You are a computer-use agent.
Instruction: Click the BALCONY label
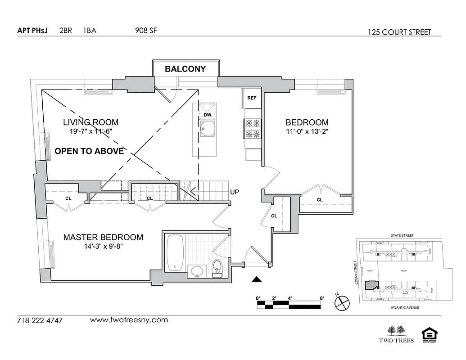point(185,69)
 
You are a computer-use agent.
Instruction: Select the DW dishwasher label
point(207,115)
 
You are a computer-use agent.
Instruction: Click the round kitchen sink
point(208,131)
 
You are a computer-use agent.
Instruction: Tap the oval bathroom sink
point(197,271)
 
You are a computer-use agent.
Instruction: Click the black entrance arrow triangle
point(256,279)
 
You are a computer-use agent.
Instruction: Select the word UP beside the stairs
point(235,192)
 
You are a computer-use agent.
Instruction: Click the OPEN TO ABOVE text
point(89,151)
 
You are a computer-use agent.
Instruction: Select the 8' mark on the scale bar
point(321,298)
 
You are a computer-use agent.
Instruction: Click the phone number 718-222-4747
point(40,321)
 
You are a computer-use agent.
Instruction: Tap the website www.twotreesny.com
point(129,320)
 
